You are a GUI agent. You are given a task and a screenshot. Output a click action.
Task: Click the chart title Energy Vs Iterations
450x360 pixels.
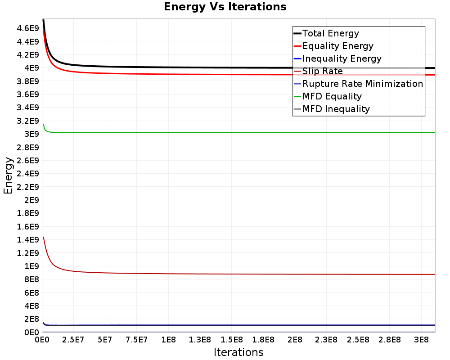click(x=225, y=7)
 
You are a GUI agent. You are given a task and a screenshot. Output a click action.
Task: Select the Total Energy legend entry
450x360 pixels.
click(x=327, y=33)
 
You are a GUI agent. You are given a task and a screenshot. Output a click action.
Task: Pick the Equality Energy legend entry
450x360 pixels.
click(x=334, y=46)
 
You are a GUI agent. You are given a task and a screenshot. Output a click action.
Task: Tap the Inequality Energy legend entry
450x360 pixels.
click(x=338, y=58)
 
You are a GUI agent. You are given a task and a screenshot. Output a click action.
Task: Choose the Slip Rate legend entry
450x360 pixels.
click(x=318, y=71)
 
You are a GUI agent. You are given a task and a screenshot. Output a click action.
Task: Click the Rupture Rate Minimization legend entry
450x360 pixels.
click(x=359, y=84)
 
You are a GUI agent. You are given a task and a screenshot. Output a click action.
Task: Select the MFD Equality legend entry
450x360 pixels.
click(x=328, y=96)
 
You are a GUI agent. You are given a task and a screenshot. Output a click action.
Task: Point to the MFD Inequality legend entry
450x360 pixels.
click(x=332, y=109)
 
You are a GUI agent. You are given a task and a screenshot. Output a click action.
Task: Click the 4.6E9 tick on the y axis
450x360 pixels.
click(x=28, y=28)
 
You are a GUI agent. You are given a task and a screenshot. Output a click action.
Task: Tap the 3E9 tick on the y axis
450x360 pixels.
click(x=31, y=134)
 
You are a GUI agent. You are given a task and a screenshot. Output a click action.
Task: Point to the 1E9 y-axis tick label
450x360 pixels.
click(x=31, y=266)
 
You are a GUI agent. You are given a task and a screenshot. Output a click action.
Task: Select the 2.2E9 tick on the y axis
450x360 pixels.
click(x=28, y=187)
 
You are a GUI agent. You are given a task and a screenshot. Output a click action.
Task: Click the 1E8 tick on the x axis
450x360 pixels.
click(x=168, y=340)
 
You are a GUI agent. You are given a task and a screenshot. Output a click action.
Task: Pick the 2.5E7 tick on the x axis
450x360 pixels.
click(x=73, y=340)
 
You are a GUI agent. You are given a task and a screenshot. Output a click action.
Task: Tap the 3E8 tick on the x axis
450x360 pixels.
click(x=421, y=340)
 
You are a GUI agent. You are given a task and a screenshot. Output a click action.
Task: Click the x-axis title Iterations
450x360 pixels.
click(x=238, y=352)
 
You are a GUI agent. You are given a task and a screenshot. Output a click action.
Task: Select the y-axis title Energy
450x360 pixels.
click(x=8, y=175)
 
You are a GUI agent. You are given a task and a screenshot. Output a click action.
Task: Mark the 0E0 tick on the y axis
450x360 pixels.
click(x=31, y=333)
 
